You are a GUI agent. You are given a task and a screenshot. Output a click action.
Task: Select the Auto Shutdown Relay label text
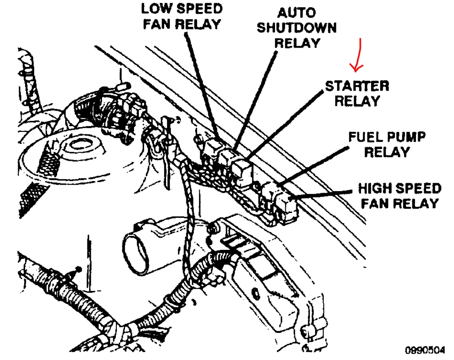coord(297,28)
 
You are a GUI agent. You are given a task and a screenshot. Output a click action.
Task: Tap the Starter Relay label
coord(357,93)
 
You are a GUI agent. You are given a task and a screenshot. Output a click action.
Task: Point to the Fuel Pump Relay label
coord(387,145)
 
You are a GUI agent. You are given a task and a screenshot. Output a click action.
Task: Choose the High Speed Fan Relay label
coord(399,195)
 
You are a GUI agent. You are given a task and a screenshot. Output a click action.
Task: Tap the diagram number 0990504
coord(425,349)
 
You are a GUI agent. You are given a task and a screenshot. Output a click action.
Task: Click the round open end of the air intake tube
coord(137,250)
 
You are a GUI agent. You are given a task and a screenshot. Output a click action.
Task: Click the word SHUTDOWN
coord(297,28)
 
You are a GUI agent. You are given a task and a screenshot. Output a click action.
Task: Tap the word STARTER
coord(357,86)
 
